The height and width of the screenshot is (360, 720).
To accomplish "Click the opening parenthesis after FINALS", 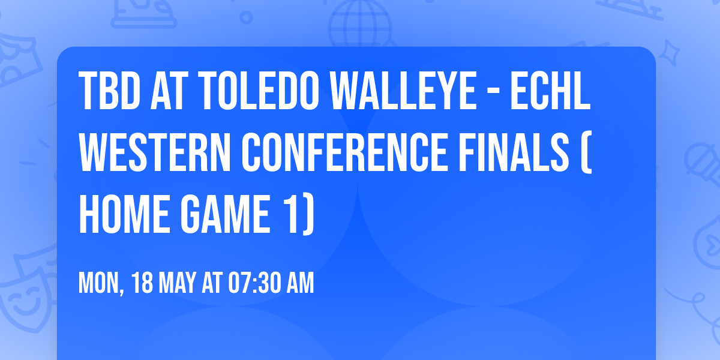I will point(586,154).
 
